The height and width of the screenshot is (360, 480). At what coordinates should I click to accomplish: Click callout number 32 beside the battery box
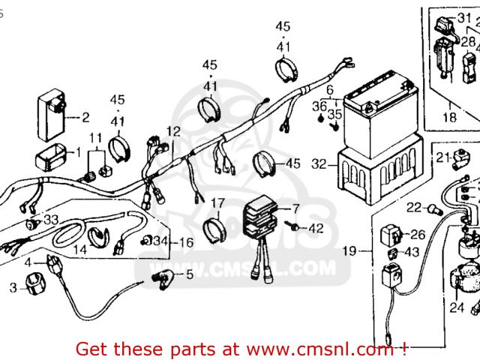pos(318,163)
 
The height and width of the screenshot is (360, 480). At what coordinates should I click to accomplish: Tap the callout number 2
pos(85,117)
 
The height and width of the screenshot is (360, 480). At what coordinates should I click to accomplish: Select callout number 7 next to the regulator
pos(295,208)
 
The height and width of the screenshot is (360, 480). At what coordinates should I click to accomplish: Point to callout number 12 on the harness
pos(173,131)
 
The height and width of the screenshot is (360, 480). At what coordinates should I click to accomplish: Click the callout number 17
pos(217,202)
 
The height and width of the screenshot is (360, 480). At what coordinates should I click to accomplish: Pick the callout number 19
pos(349,251)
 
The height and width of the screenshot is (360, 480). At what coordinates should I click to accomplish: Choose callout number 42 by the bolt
pos(316,227)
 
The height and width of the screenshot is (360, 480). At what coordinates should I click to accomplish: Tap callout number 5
pos(189,274)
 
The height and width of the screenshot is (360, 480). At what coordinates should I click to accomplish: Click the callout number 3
pos(13,287)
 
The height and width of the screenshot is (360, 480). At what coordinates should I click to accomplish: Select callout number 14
pos(79,250)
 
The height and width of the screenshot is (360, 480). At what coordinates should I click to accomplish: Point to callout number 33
pos(50,220)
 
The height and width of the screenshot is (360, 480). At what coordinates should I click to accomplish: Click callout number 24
pos(457,307)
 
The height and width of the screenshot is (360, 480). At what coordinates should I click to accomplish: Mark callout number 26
pos(418,235)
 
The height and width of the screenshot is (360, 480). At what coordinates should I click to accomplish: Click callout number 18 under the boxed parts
pos(449,118)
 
